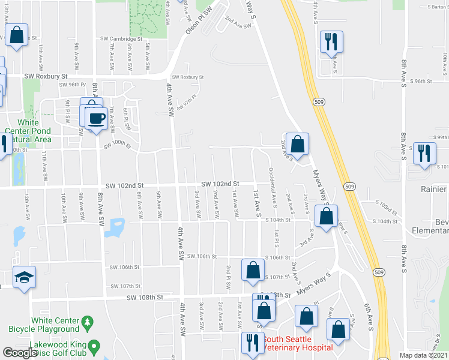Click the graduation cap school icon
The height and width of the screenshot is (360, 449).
[23, 277]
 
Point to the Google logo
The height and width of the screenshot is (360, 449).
[20, 353]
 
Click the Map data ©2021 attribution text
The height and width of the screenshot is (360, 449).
[424, 355]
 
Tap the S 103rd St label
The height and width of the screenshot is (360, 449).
[387, 209]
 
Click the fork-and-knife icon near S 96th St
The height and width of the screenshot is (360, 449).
[331, 41]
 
